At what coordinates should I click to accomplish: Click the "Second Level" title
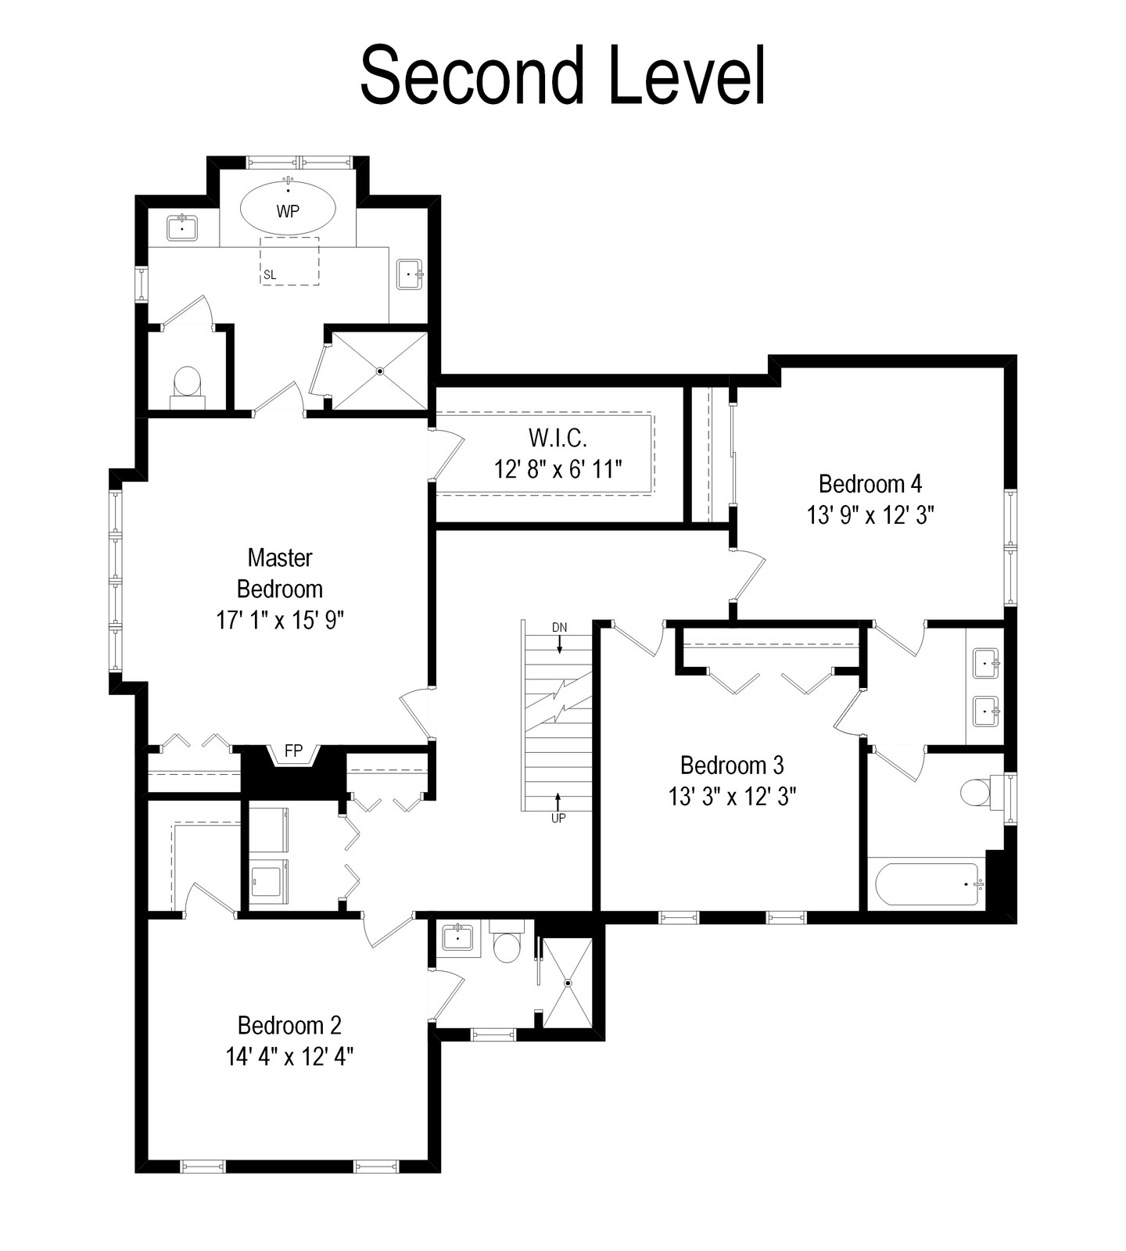[x=562, y=75]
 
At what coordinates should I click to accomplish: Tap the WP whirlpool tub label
[x=288, y=211]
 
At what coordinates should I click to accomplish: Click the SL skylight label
[x=270, y=274]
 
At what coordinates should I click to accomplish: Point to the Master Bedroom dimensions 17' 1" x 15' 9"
[x=280, y=620]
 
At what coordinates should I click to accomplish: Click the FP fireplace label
[x=293, y=751]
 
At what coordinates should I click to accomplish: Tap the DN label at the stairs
[x=559, y=627]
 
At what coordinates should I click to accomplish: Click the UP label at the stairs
[x=558, y=818]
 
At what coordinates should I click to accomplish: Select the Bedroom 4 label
[x=870, y=484]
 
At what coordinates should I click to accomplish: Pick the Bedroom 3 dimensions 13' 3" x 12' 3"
[x=732, y=796]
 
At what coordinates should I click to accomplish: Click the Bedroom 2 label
[x=289, y=1025]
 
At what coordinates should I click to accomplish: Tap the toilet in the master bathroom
[x=187, y=388]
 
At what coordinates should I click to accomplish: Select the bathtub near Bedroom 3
[x=929, y=884]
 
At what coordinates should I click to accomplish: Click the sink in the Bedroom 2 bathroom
[x=457, y=937]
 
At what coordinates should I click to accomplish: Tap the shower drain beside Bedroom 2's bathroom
[x=568, y=983]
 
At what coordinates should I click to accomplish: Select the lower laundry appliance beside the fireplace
[x=269, y=883]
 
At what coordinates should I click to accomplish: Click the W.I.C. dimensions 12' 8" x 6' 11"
[x=558, y=469]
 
